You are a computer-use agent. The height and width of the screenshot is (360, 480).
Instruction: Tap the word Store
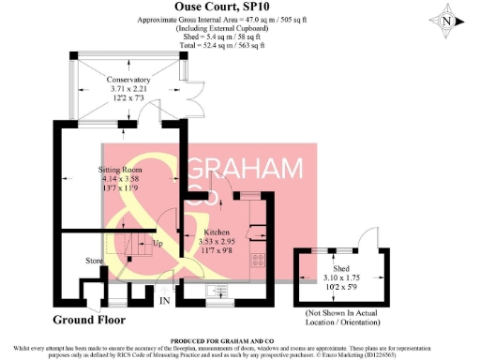(94, 260)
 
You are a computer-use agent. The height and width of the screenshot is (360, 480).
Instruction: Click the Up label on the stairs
(157, 245)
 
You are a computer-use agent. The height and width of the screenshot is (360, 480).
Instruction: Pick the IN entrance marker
(164, 301)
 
